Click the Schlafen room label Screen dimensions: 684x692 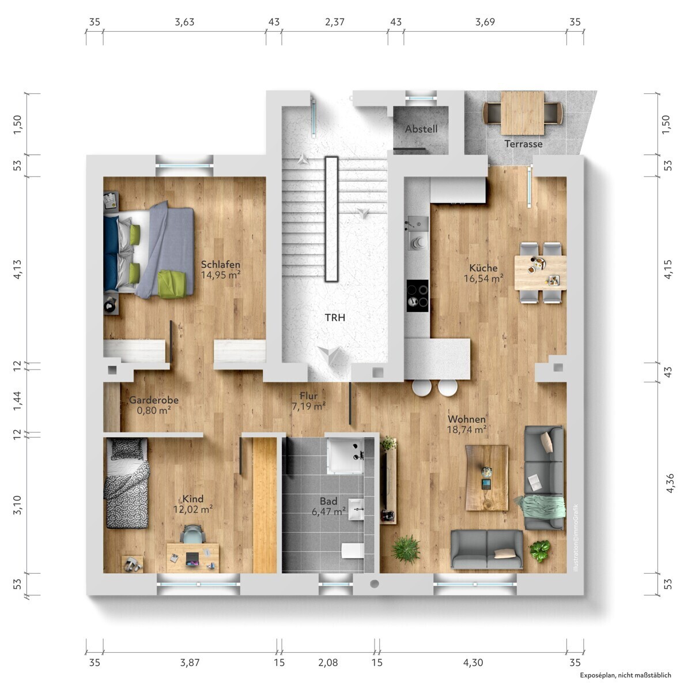(220, 264)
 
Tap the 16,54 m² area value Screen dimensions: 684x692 (483, 279)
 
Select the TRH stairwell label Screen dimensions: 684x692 (334, 317)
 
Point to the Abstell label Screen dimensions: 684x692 (421, 129)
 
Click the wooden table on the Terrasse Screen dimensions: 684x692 (522, 112)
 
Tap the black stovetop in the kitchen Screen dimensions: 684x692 (417, 296)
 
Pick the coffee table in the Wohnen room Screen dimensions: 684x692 (486, 477)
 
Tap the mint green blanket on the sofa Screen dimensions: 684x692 (542, 506)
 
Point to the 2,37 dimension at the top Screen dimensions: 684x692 (334, 22)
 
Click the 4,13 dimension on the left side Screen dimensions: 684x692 (18, 269)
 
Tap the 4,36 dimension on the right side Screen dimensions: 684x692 (670, 483)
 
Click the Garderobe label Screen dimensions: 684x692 (154, 400)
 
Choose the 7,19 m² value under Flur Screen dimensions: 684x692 (309, 407)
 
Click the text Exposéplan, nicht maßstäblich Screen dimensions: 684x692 (625, 675)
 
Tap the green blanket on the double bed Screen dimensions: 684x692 (172, 283)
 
